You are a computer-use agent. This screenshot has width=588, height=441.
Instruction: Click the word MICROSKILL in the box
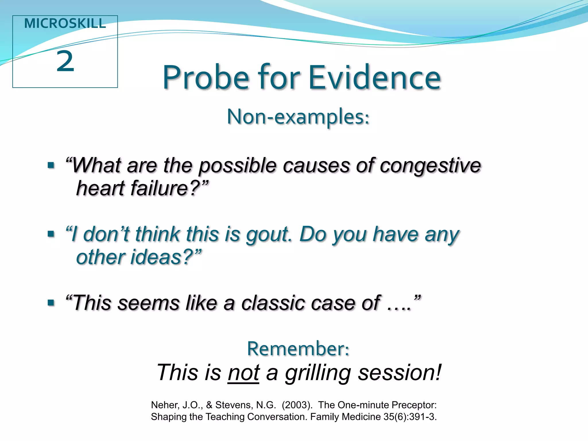65,24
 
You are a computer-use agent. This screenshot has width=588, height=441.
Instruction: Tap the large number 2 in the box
65,61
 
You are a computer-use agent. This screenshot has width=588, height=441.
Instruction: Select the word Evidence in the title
374,78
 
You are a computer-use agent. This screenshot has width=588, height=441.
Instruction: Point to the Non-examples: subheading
298,117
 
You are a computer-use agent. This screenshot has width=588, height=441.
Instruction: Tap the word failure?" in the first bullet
169,188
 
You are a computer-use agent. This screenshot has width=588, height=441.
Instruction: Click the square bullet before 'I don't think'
51,234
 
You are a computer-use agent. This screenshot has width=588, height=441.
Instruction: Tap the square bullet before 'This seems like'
51,302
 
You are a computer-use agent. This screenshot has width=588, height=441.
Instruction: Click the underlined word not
243,373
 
